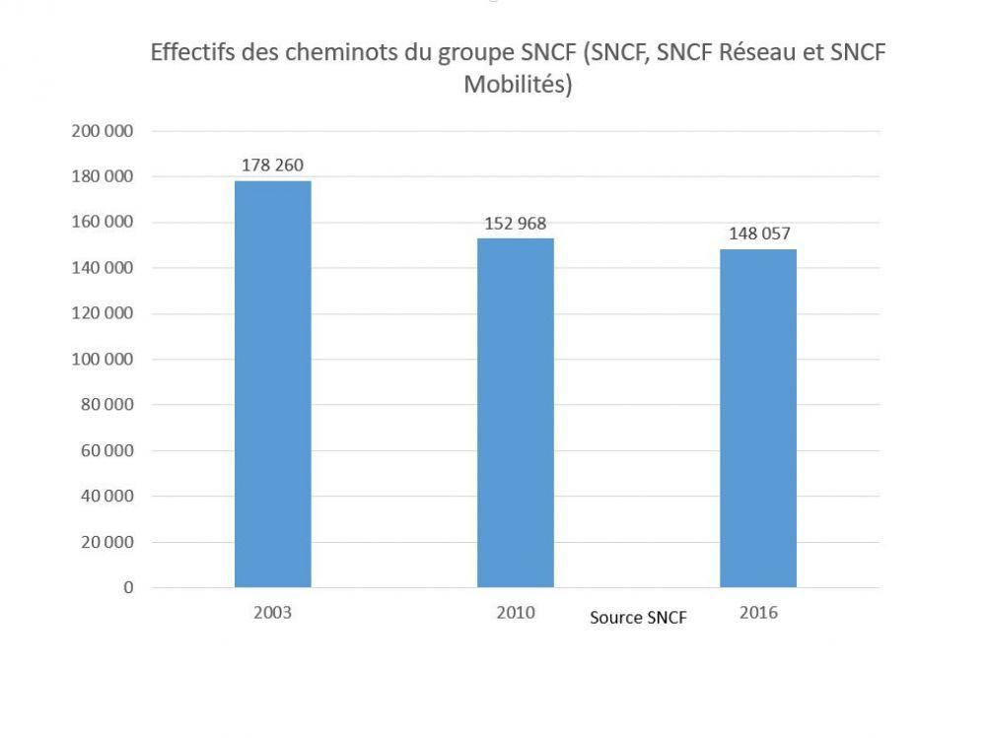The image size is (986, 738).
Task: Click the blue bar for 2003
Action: (x=272, y=383)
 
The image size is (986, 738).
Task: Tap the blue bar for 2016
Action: (x=757, y=418)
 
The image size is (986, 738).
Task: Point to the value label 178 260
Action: (x=272, y=165)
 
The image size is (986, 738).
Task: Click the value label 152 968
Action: (x=515, y=223)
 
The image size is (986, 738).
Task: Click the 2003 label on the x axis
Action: (x=272, y=612)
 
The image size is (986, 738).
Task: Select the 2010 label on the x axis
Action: (x=515, y=612)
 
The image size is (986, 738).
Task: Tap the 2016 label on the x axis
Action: (x=757, y=612)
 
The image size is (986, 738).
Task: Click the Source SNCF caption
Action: (x=638, y=618)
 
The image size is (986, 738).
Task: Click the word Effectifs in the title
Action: (x=191, y=53)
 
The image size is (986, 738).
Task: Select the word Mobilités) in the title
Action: (x=518, y=85)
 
